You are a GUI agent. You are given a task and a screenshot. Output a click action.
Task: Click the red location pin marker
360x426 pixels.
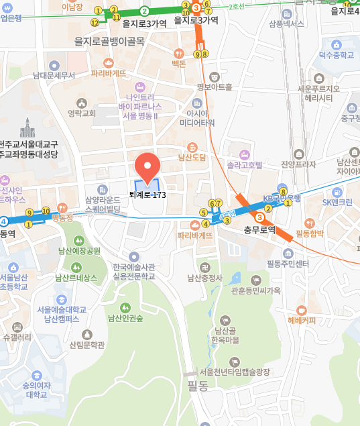[147, 165]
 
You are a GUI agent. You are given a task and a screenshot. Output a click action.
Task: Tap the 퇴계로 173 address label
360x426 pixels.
[147, 195]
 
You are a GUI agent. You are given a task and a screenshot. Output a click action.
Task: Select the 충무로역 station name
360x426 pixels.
[259, 229]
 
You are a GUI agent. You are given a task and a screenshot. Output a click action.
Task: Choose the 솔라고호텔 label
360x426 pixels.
[244, 164]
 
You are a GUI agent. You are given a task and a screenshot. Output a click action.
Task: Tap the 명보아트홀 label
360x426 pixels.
[215, 87]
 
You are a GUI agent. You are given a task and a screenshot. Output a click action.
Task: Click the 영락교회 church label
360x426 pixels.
[82, 113]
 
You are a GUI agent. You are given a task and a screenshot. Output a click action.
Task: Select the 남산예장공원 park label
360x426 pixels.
[80, 251]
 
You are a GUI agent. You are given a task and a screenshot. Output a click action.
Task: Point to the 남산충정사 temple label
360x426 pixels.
[204, 276]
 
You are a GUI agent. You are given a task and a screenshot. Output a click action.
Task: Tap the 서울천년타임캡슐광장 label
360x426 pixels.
[235, 371]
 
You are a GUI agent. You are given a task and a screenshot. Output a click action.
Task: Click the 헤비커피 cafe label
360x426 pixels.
[302, 320]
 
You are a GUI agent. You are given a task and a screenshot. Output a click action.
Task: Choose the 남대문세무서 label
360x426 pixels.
[54, 75]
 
